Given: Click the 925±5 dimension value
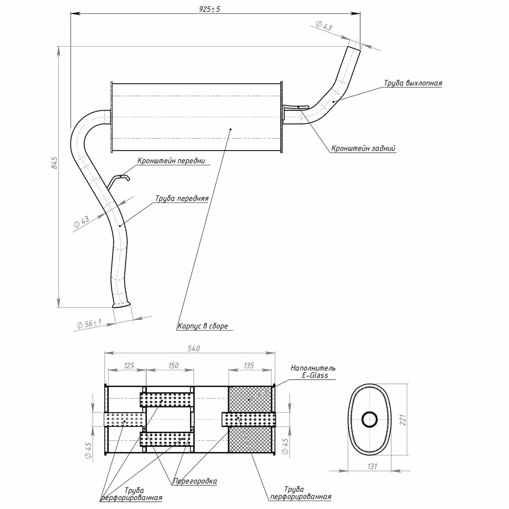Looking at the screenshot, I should [x=209, y=9].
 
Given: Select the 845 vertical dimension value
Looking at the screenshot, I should [x=54, y=163].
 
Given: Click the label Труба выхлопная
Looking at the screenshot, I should [x=413, y=83].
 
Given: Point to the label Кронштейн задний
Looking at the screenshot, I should [x=364, y=148].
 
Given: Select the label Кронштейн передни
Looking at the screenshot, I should [x=171, y=161].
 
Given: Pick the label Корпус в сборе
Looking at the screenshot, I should [x=203, y=326].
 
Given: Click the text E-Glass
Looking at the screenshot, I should [x=313, y=375].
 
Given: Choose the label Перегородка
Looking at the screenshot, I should [x=195, y=481].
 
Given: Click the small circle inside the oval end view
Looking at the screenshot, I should [x=370, y=420].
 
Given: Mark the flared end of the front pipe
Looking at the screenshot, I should [x=121, y=303].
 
